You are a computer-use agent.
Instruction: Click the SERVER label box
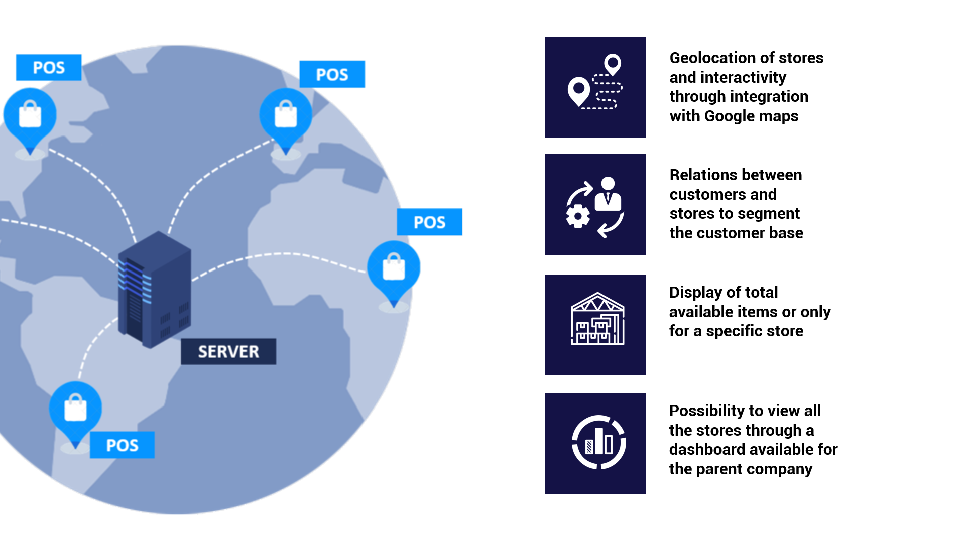point(228,351)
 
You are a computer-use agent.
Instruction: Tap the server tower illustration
point(154,290)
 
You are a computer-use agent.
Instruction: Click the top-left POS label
point(49,67)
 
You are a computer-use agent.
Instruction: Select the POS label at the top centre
point(332,74)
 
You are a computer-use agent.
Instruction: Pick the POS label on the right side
point(429,222)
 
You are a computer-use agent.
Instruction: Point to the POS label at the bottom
point(122,445)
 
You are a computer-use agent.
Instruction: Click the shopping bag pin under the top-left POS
point(30,117)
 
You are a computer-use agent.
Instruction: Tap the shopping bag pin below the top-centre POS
point(286,117)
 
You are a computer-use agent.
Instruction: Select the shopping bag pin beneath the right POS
point(394,269)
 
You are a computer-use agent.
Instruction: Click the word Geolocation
point(712,58)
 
